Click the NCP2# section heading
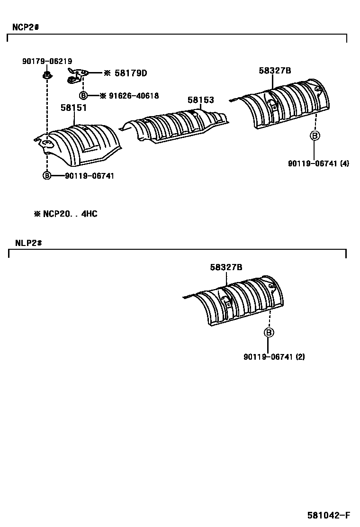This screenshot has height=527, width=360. (x=25, y=27)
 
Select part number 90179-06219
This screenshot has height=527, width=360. (x=47, y=61)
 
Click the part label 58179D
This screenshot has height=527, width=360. (x=130, y=73)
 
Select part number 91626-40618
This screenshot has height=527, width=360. (x=134, y=96)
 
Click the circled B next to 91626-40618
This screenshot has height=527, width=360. (x=83, y=96)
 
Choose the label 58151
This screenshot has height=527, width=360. (x=73, y=108)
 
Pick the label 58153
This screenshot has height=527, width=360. (x=200, y=100)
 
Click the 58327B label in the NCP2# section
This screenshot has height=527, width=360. (x=275, y=71)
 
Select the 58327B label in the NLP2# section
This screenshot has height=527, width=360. (x=226, y=267)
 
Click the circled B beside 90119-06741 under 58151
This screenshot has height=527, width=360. (x=47, y=175)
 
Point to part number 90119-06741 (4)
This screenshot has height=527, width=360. (x=318, y=164)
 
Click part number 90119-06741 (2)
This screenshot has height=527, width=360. (x=274, y=357)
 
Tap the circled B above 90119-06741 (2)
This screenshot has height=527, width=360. (x=269, y=333)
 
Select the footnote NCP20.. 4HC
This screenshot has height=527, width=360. (x=66, y=214)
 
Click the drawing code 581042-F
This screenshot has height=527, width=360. (x=328, y=516)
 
